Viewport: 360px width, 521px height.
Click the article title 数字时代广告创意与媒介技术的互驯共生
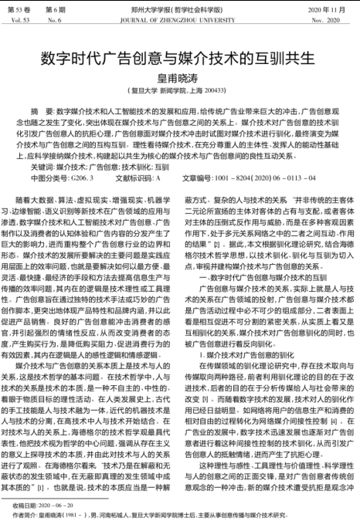(179, 58)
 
